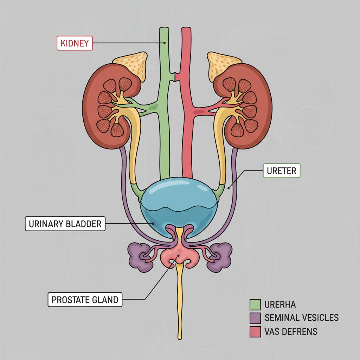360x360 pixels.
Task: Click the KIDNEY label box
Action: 75,43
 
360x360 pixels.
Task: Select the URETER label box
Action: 282,172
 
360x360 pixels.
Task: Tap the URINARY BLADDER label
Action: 65,224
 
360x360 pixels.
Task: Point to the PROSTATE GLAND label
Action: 85,300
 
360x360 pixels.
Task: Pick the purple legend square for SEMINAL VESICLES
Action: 255,318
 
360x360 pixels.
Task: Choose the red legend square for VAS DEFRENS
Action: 255,331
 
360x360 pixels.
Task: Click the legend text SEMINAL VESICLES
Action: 301,318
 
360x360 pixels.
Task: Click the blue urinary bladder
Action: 179,200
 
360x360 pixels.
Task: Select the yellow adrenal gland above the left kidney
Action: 132,65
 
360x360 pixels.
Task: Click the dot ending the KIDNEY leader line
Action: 164,43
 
